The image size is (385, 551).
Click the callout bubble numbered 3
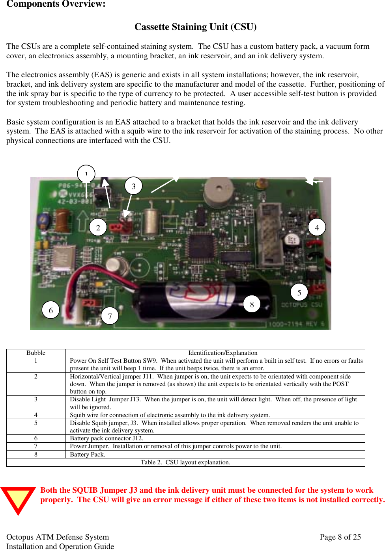(133, 186)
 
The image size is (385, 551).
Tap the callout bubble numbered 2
(98, 227)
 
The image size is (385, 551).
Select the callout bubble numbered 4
(317, 227)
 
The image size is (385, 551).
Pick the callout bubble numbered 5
(299, 292)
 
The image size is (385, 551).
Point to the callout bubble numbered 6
(50, 310)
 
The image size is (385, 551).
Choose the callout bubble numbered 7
(110, 316)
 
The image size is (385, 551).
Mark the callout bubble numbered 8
(252, 304)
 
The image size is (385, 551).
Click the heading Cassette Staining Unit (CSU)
(195, 27)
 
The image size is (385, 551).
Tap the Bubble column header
(36, 353)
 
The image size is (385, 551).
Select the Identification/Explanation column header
(222, 353)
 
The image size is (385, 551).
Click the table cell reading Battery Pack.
(88, 455)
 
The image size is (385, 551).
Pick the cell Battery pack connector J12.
(107, 438)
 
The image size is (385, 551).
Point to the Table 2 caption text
(185, 462)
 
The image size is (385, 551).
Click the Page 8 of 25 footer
(340, 537)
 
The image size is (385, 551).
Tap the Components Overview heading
(56, 4)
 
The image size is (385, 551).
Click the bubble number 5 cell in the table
(36, 423)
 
